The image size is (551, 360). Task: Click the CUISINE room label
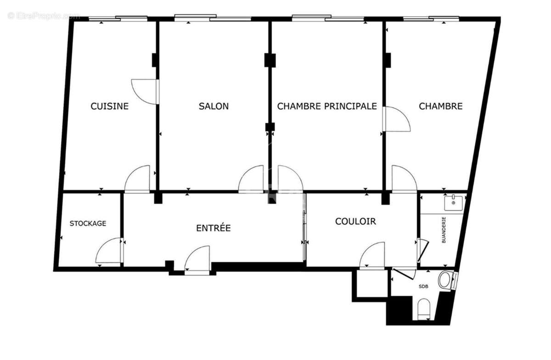pos(109,106)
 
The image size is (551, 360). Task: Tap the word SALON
pos(214,106)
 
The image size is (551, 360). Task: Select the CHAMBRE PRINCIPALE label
pos(327,106)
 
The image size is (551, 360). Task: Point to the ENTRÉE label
pos(213,228)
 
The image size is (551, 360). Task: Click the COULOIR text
pos(355,221)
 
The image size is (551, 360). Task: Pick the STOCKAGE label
pos(88,224)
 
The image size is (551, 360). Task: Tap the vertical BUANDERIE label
pos(444,230)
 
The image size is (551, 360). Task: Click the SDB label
pos(423,287)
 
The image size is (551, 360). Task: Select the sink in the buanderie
pos(453,202)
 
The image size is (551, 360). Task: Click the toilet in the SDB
pos(424,309)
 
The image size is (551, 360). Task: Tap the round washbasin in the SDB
pos(445,280)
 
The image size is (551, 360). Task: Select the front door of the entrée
pos(198,260)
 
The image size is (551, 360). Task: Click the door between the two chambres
pos(396,119)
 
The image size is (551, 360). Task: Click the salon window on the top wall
pos(213,18)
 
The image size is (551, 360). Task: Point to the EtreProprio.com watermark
pos(44,16)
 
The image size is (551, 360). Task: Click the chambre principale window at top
pos(328,18)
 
